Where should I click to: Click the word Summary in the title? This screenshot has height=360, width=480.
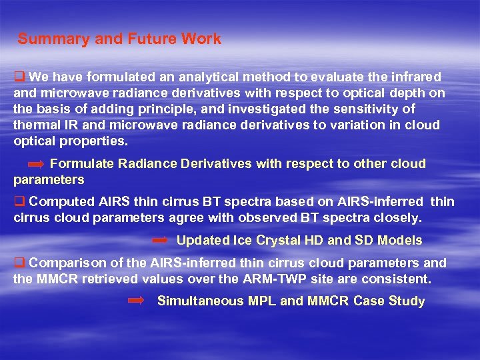54,39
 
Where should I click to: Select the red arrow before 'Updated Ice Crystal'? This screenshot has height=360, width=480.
159,240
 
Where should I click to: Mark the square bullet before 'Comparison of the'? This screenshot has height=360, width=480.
19,263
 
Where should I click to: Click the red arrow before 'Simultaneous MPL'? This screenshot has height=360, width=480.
135,301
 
